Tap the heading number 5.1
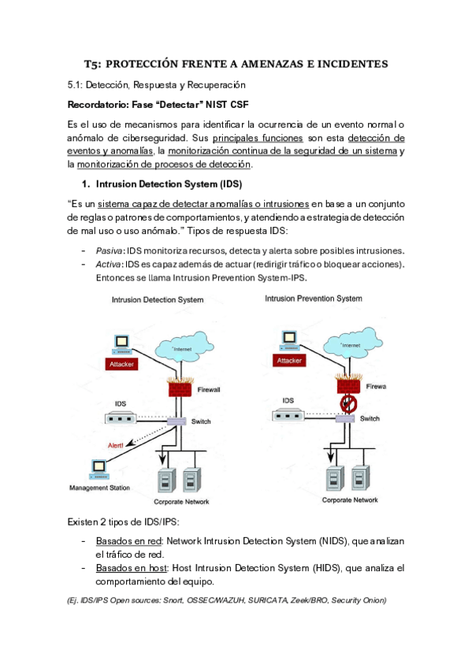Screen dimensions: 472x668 tap(74, 85)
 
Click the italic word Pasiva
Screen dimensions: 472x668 tap(109, 250)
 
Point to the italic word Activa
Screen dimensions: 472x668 tap(108, 264)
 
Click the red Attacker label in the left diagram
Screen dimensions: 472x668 tap(121, 364)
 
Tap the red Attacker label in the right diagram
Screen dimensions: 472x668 tap(289, 361)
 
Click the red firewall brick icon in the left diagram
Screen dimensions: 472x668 tap(180, 387)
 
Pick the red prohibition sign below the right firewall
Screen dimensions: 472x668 tap(348, 403)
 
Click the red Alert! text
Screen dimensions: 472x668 tap(116, 445)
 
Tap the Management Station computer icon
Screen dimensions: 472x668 tap(99, 469)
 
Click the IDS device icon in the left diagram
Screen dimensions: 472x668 tap(121, 418)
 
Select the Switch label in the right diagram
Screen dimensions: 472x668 tap(370, 419)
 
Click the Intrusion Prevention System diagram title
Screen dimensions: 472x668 tap(314, 299)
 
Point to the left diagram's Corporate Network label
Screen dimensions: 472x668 tap(181, 502)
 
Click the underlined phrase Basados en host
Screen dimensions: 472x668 tap(132, 568)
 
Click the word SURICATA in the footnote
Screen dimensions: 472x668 tap(268, 600)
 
